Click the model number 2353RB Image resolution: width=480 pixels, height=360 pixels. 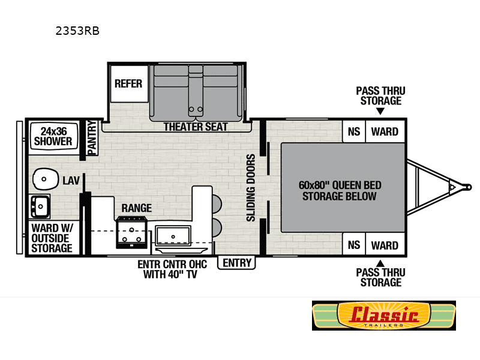click(x=77, y=31)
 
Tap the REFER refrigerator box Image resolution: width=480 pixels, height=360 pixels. click(x=129, y=83)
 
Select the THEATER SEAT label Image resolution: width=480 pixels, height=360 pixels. click(x=196, y=127)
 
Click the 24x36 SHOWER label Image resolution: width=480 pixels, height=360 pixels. click(x=53, y=136)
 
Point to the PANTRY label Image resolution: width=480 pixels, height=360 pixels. click(x=92, y=137)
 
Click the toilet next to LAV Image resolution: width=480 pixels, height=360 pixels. click(x=46, y=179)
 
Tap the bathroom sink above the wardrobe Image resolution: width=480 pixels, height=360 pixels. click(x=40, y=206)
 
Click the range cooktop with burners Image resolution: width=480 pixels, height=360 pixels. click(x=131, y=232)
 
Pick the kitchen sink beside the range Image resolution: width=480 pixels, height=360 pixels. click(x=173, y=236)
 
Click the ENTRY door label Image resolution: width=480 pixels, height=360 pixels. click(x=236, y=263)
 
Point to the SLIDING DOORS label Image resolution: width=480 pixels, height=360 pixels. click(x=251, y=188)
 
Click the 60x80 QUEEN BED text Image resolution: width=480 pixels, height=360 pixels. click(x=340, y=185)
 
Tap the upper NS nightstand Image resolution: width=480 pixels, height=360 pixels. click(x=354, y=131)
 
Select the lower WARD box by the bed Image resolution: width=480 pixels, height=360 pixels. click(x=385, y=245)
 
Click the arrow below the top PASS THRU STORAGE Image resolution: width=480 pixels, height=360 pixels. click(x=380, y=111)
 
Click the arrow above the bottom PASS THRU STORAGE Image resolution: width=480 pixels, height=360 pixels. click(x=380, y=263)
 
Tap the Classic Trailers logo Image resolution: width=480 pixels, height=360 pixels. click(x=384, y=316)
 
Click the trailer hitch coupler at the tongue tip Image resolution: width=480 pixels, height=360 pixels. click(x=467, y=187)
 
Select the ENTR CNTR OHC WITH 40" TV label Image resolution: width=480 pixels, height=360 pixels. click(x=172, y=269)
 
